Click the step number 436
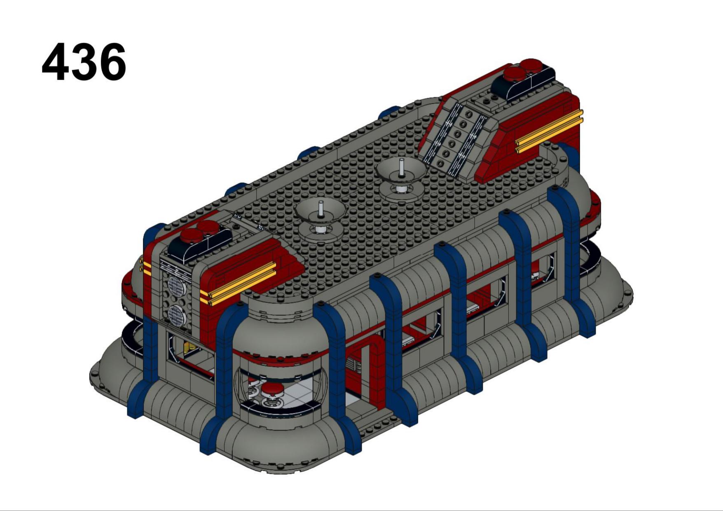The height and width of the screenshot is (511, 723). (x=84, y=62)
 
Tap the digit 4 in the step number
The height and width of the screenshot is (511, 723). (x=56, y=62)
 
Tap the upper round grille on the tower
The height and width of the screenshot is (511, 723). (x=176, y=285)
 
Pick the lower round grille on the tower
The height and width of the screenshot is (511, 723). (x=176, y=315)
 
